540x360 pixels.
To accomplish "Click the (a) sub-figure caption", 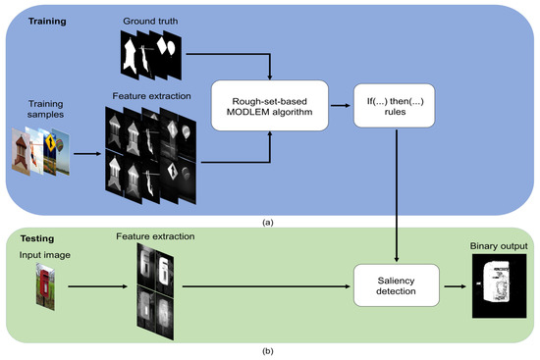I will point(268,222).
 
